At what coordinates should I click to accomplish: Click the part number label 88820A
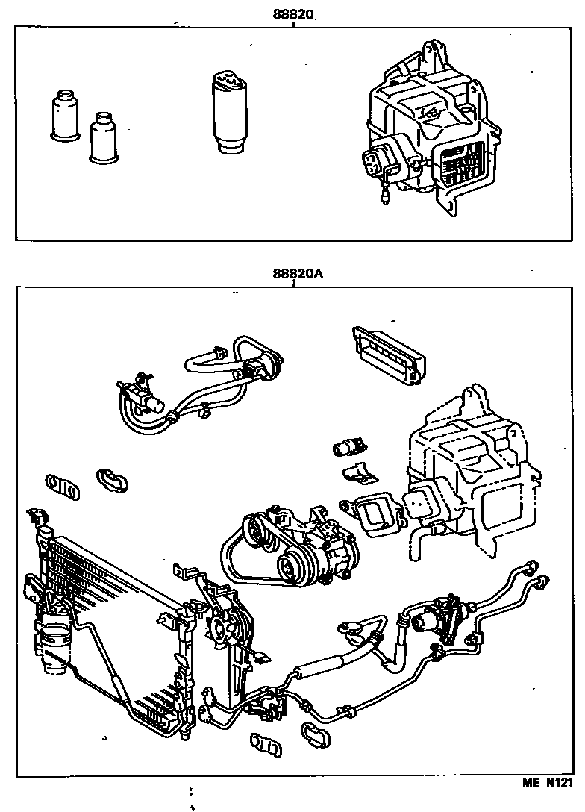(297, 273)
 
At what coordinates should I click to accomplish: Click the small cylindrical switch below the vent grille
(348, 447)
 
